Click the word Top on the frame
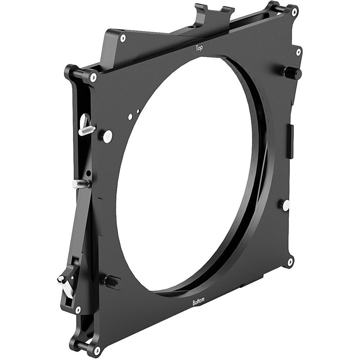pyautogui.click(x=198, y=48)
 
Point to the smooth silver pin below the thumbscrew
pyautogui.click(x=80, y=184)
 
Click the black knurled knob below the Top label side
pyautogui.click(x=292, y=73)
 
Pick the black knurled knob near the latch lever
pyautogui.click(x=112, y=281)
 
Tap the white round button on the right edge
pyautogui.click(x=286, y=206)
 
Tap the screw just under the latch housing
pyautogui.click(x=78, y=309)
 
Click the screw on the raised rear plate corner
pyautogui.click(x=123, y=38)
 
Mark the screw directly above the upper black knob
pyautogui.click(x=298, y=53)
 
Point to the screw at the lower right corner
pyautogui.click(x=289, y=262)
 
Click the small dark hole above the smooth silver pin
pyautogui.click(x=89, y=174)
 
